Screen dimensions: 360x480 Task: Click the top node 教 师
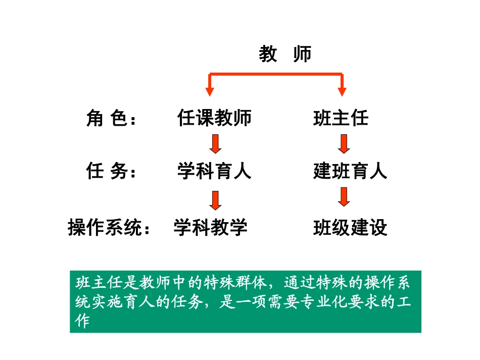pyautogui.click(x=285, y=54)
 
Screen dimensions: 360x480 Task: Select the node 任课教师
pyautogui.click(x=214, y=118)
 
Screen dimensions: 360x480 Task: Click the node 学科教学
pyautogui.click(x=211, y=228)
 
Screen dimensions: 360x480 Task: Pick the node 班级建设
pyautogui.click(x=350, y=228)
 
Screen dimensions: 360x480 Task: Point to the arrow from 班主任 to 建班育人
pyautogui.click(x=344, y=144)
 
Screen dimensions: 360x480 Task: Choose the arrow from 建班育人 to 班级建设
pyautogui.click(x=344, y=197)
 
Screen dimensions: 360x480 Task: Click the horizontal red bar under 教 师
pyautogui.click(x=276, y=75)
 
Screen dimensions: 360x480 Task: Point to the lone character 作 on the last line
pyautogui.click(x=81, y=321)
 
